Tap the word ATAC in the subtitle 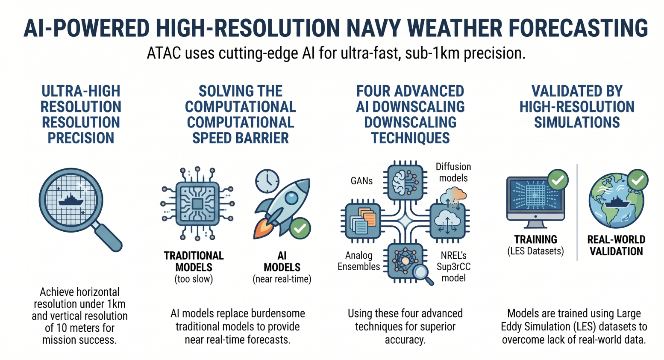pos(164,53)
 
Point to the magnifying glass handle pos(108,237)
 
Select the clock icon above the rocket pos(267,181)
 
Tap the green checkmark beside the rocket pos(300,228)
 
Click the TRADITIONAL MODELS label pos(194,261)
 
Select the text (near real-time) pos(282,279)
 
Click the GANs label pos(361,180)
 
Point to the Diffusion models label pos(453,172)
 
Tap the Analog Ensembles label pos(358,261)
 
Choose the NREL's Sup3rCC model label pos(453,267)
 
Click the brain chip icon pos(405,181)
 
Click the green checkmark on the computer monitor pos(558,180)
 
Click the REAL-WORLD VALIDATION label pos(616,245)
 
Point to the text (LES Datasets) pos(536,251)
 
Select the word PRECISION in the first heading pos(81,138)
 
